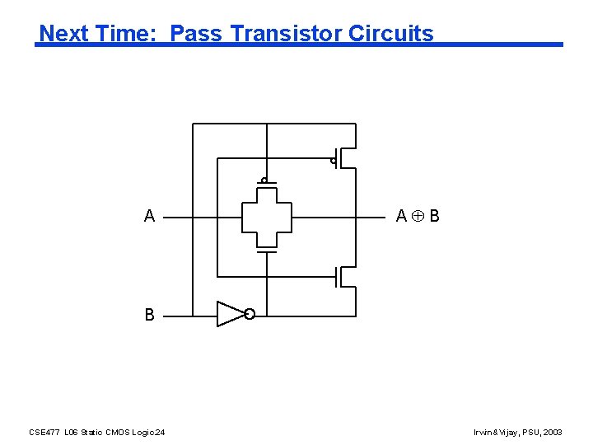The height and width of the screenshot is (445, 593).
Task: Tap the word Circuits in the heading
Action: coord(390,34)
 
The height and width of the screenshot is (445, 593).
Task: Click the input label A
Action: coord(149,217)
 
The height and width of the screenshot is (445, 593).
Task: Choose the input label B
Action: coord(149,315)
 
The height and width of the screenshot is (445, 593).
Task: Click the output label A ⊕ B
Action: coord(418,217)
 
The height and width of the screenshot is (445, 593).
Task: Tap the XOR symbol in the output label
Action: coord(418,217)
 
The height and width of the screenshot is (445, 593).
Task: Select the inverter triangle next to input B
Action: coord(230,314)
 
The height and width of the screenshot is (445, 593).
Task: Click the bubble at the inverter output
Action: coord(250,314)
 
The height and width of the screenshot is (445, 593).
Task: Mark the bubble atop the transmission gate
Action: coord(264,180)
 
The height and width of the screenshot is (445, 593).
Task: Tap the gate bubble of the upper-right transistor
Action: coord(334,161)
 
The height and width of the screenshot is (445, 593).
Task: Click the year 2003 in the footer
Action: coord(553,432)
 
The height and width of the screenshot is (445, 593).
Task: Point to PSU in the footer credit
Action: coord(530,432)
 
